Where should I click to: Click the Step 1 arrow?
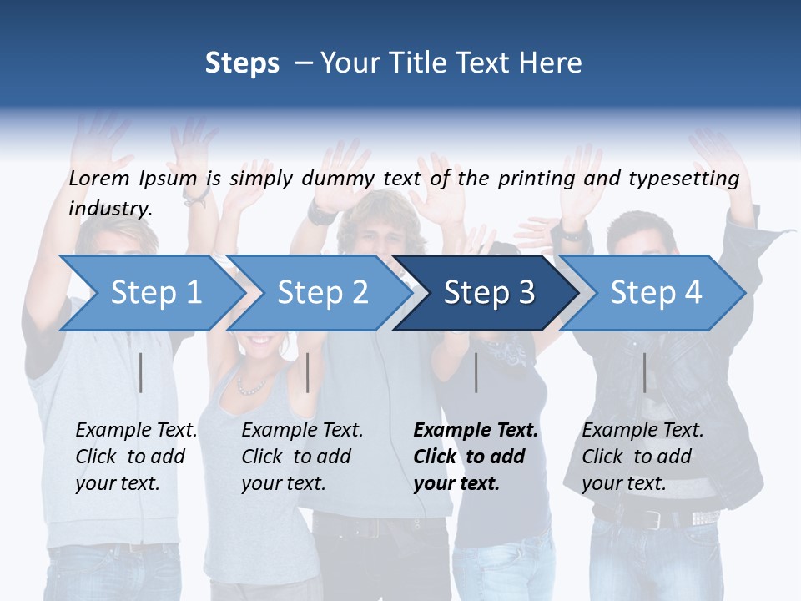(x=150, y=292)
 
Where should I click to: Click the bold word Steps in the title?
(x=242, y=63)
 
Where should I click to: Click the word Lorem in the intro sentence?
(x=98, y=178)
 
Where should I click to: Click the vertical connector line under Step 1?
(x=141, y=372)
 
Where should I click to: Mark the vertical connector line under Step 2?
(x=308, y=372)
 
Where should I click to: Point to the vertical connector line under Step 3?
(x=476, y=372)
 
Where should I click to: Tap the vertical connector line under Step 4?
(x=645, y=372)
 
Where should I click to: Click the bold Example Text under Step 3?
(x=476, y=430)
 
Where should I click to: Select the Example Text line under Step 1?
(x=136, y=430)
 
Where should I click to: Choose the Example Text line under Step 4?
(x=642, y=430)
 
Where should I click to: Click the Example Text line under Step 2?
(x=302, y=430)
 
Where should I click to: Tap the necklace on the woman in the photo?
(x=250, y=386)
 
